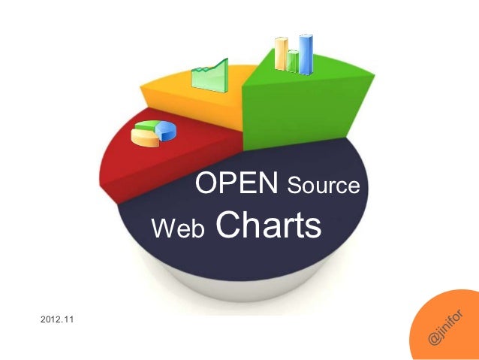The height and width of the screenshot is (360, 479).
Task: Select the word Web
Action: (x=179, y=228)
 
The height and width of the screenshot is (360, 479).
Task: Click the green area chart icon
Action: (x=209, y=76)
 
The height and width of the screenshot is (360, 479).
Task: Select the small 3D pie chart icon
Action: (x=153, y=132)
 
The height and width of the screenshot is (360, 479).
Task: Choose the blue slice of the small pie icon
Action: (x=166, y=132)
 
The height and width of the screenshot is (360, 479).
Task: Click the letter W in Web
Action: (x=162, y=228)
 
